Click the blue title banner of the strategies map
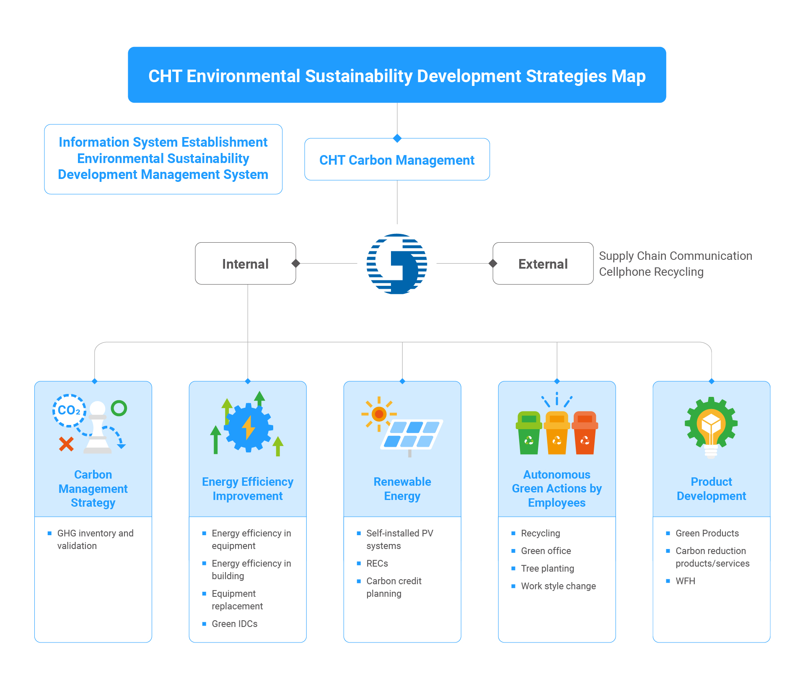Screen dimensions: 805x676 pyautogui.click(x=397, y=75)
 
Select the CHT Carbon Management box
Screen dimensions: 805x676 pyautogui.click(x=397, y=159)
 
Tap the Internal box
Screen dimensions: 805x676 pyautogui.click(x=246, y=263)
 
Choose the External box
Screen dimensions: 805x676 pyautogui.click(x=543, y=263)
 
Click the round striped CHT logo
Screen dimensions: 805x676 pyautogui.click(x=397, y=264)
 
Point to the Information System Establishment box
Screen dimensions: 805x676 pyautogui.click(x=163, y=159)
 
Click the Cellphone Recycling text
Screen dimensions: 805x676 pyautogui.click(x=651, y=272)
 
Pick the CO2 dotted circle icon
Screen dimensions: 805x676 pyautogui.click(x=69, y=410)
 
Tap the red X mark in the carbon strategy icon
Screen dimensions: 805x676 pyautogui.click(x=66, y=444)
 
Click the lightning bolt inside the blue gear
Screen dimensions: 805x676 pyautogui.click(x=249, y=427)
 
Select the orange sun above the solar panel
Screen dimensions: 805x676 pyautogui.click(x=379, y=414)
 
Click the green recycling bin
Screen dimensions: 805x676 pyautogui.click(x=529, y=433)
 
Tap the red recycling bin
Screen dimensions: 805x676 pyautogui.click(x=585, y=433)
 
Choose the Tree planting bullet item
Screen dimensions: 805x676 pyautogui.click(x=543, y=568)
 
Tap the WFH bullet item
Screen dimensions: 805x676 pyautogui.click(x=681, y=581)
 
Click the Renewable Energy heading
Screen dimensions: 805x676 pyautogui.click(x=402, y=489)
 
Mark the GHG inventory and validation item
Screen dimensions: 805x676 pyautogui.click(x=91, y=539)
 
